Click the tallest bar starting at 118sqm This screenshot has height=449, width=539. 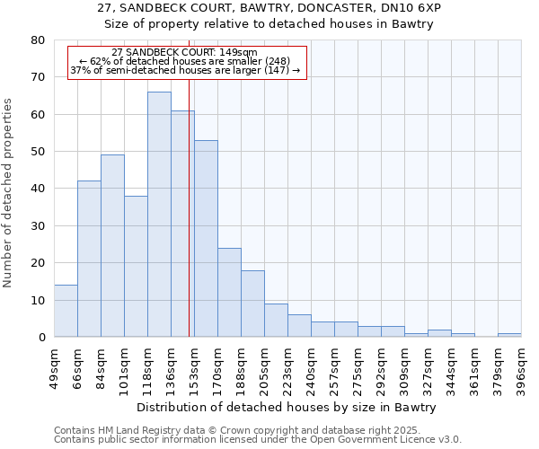[159, 215]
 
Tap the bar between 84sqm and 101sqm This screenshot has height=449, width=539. [112, 246]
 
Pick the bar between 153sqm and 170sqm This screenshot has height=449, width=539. [206, 239]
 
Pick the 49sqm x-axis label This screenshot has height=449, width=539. [54, 364]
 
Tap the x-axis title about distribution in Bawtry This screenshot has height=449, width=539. [287, 407]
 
